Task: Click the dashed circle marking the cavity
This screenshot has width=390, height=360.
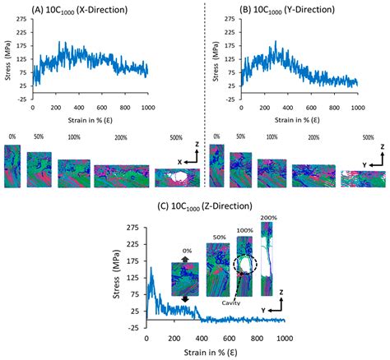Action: [x=245, y=262]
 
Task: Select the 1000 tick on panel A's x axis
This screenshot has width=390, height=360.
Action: [x=146, y=108]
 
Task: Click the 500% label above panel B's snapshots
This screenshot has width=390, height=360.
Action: [x=366, y=137]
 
